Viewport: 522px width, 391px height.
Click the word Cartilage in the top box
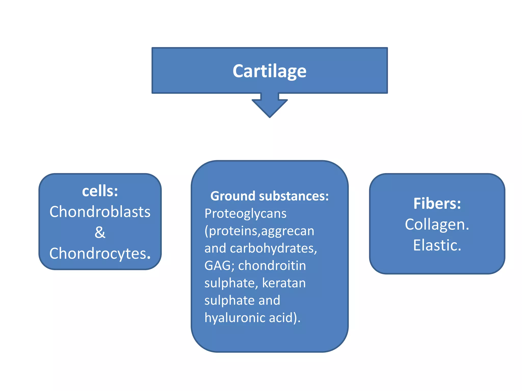[x=269, y=71]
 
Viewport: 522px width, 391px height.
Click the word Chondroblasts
[x=100, y=212]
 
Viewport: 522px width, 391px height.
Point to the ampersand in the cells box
[x=100, y=232]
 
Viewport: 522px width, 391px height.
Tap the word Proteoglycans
[x=245, y=214]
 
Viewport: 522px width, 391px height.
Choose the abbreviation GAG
[x=217, y=266]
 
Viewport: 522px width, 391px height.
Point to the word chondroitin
[x=272, y=266]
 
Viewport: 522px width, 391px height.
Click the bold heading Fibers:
[x=437, y=204]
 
